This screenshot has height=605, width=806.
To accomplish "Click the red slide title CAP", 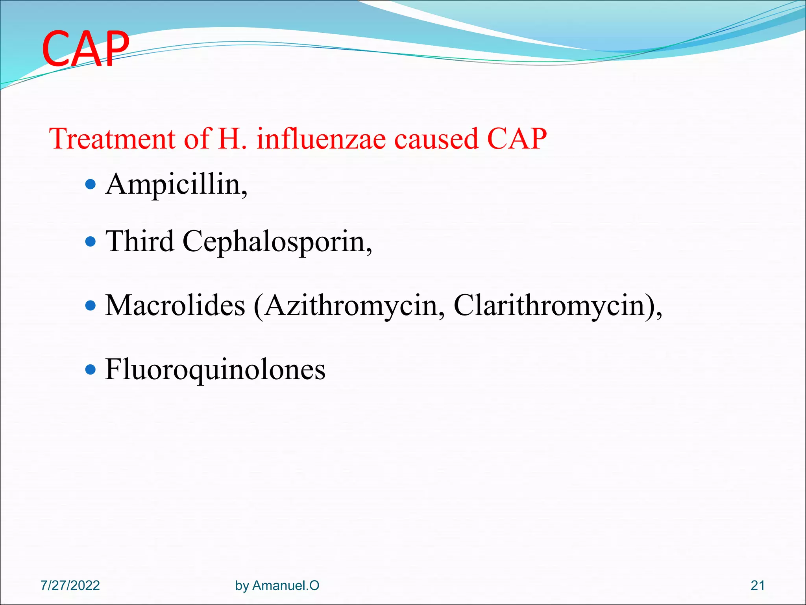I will (x=85, y=49).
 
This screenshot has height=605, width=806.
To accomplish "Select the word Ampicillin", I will (x=176, y=184).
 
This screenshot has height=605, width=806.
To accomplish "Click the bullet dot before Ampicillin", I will (x=91, y=184).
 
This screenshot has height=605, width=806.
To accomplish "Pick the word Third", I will (x=140, y=241).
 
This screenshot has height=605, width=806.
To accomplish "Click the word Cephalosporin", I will (x=277, y=242).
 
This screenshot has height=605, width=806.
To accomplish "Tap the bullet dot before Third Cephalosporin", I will (x=91, y=241).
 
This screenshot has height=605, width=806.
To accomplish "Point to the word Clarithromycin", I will (x=553, y=306).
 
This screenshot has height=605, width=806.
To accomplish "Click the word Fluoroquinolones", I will (x=215, y=370).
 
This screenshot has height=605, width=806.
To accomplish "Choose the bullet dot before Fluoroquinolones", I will (x=91, y=369).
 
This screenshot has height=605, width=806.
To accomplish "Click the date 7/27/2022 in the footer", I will (x=70, y=585).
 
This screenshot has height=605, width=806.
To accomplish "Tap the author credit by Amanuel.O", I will (x=277, y=585).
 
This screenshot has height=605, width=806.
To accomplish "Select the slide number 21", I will (x=758, y=585).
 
